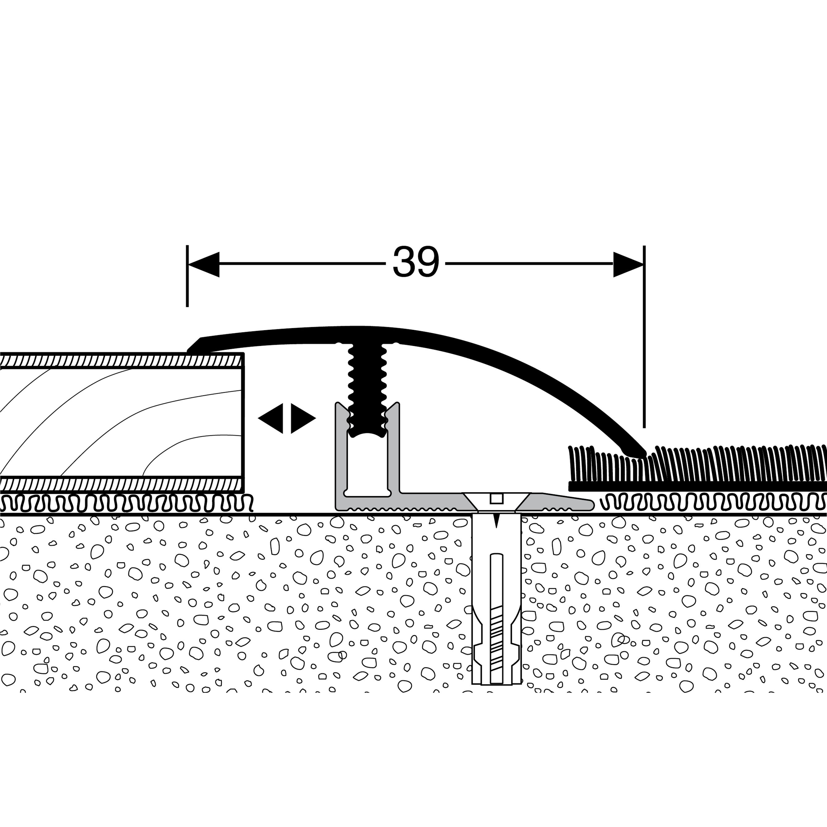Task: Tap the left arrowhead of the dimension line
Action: point(204,264)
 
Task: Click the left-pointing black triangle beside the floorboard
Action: point(272,418)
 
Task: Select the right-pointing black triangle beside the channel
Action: point(302,418)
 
